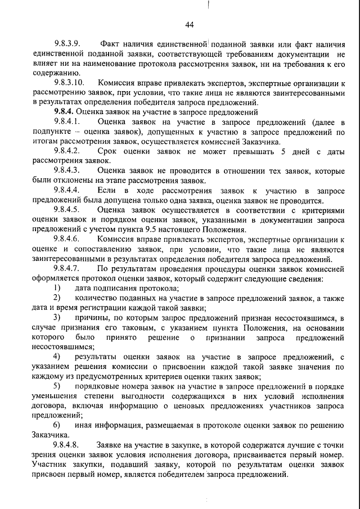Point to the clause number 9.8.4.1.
[68, 122]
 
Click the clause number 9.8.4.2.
[68, 151]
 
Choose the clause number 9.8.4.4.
[68, 191]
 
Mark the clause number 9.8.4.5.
[68, 210]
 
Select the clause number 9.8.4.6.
[68, 239]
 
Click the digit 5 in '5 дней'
[283, 151]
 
